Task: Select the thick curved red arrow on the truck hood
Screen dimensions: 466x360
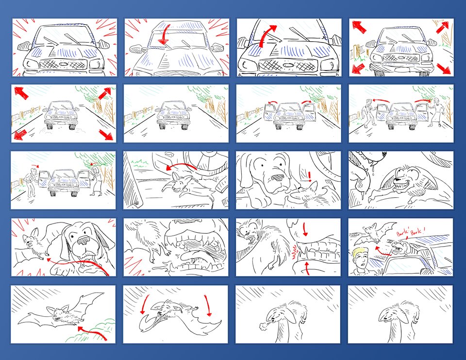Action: tap(266, 35)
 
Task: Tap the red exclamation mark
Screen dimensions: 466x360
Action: tap(310, 176)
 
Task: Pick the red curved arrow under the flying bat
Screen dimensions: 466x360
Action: tap(92, 332)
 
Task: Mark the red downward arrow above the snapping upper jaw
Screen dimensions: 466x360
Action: tap(305, 229)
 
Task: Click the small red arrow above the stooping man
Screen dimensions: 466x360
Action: tap(35, 165)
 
